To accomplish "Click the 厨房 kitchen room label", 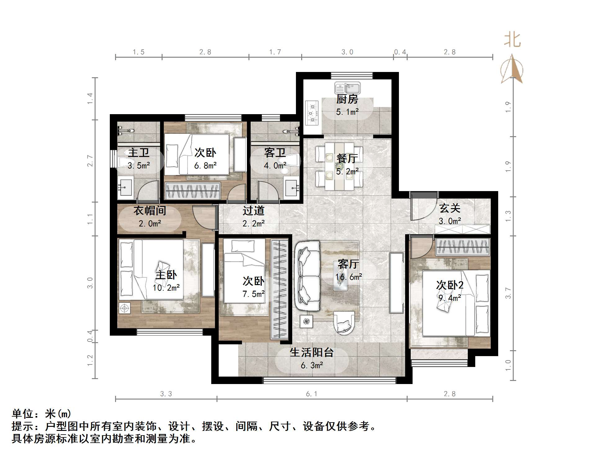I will (347, 100).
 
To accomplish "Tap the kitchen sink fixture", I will (347, 88).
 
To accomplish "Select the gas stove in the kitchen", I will (312, 113).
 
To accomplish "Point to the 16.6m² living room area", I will (348, 277).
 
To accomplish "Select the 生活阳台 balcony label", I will (311, 353).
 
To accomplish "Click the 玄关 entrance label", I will (449, 208).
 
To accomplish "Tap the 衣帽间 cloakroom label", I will (150, 211).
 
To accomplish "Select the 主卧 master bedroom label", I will (166, 275).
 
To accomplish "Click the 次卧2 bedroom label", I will (449, 285).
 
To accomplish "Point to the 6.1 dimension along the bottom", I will (311, 394).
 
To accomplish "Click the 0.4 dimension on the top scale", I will (400, 52).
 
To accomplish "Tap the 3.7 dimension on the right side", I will (508, 293).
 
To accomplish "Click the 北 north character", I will (512, 40).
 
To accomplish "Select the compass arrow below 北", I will (512, 70).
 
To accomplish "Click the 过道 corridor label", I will (253, 211).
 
